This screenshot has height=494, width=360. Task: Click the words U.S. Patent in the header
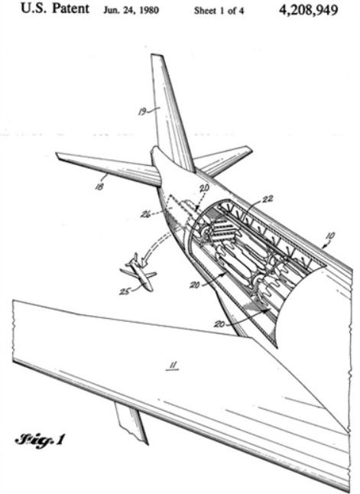pos(55,8)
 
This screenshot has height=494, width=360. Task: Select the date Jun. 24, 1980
pos(131,11)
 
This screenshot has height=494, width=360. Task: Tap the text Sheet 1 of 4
pos(219,11)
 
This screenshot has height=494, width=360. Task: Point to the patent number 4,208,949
pos(308,11)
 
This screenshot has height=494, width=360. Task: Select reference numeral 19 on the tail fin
pos(142,112)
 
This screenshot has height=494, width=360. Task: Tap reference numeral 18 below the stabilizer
pos(99,187)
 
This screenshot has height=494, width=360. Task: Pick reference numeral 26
pos(145,215)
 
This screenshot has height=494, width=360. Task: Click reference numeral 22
pos(268,199)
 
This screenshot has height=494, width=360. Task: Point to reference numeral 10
pos(330,236)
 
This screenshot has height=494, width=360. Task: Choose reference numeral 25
pos(124,292)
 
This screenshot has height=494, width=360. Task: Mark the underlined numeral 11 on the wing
pos(173,366)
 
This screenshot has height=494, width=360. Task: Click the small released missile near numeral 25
pos(140,272)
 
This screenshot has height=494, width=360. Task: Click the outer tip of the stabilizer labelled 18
pos(57,154)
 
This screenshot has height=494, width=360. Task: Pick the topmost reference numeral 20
pos(204,188)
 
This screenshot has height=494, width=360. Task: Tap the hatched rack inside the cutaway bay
pos(224,229)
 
